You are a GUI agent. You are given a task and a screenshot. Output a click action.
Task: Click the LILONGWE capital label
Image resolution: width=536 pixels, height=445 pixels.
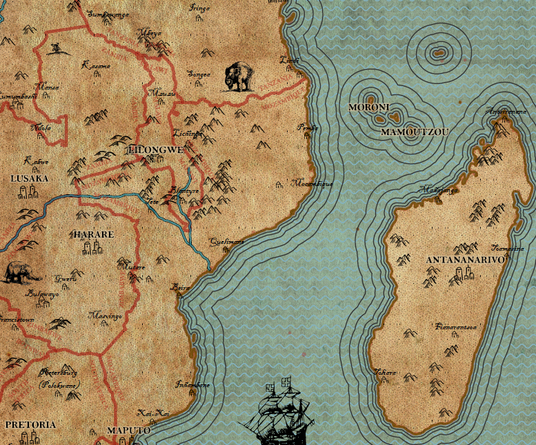point(155,149)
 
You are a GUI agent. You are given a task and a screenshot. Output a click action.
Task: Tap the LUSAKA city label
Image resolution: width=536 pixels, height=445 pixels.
point(30,178)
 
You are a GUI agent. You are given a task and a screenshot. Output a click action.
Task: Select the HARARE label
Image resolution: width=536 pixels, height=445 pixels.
point(93,234)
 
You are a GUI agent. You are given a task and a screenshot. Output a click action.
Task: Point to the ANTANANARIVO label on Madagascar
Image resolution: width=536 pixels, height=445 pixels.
point(466,260)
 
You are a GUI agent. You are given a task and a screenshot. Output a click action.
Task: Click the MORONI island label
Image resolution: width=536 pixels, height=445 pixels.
point(369,107)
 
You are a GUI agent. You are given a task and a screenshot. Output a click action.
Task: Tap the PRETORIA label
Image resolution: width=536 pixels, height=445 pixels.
point(30,424)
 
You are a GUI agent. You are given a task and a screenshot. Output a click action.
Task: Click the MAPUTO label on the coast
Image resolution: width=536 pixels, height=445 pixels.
point(128,431)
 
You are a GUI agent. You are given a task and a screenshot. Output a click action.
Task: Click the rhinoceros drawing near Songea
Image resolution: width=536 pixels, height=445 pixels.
point(239,76)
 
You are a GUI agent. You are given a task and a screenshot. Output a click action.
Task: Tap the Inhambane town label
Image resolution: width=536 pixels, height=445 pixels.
point(192,384)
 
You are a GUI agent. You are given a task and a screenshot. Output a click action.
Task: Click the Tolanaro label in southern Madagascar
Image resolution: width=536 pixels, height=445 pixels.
point(385,372)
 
